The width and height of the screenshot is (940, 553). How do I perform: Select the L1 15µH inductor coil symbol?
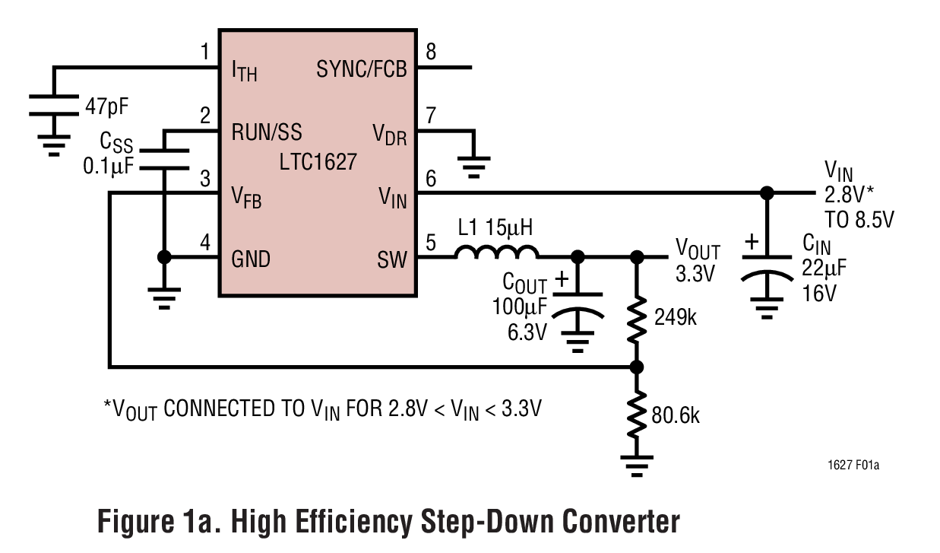(497, 253)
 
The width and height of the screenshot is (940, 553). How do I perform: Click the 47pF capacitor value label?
(106, 106)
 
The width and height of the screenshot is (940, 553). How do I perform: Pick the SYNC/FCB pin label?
(361, 70)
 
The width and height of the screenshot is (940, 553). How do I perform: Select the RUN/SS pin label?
(266, 132)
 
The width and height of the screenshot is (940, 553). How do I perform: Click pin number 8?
(431, 52)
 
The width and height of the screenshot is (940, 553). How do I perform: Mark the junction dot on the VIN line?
(767, 192)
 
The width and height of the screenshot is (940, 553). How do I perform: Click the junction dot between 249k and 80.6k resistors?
(638, 367)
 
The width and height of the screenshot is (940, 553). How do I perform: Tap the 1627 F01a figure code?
(854, 464)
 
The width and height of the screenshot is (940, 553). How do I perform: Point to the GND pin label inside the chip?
(250, 259)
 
